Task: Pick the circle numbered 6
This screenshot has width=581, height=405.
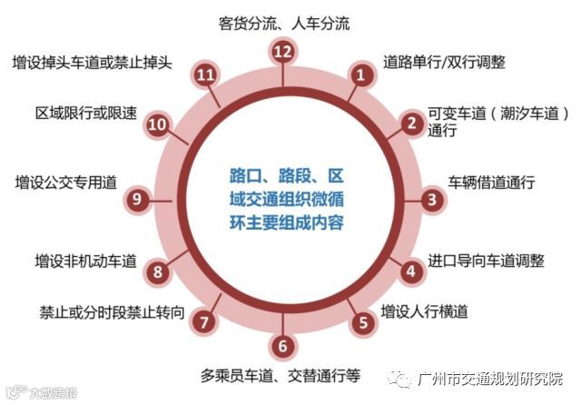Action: [284, 345]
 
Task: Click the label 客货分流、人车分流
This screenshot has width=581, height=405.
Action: [284, 22]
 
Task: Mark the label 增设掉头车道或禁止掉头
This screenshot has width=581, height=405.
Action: [99, 63]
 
